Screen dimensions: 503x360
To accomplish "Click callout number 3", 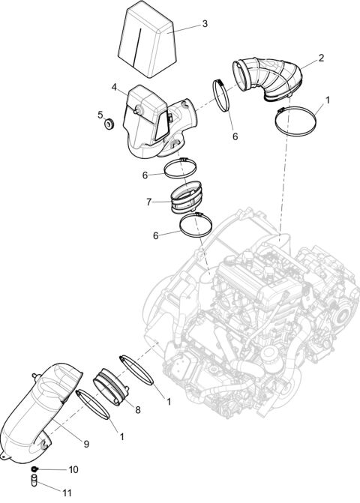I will (x=204, y=24).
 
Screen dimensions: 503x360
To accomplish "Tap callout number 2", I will (x=321, y=58).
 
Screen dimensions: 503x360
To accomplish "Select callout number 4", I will (x=115, y=88).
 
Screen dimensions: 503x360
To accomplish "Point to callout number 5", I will (x=100, y=115).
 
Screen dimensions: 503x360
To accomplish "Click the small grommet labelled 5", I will (x=109, y=122).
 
